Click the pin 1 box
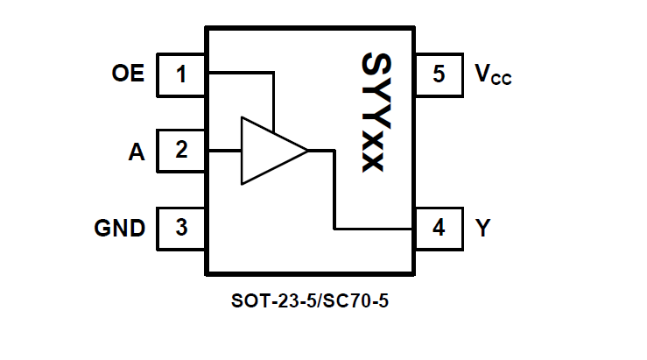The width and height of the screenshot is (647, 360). [182, 74]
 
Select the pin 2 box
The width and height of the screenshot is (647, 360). [182, 151]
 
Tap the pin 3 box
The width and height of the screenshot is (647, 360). [182, 228]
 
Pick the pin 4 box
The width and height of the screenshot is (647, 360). [439, 228]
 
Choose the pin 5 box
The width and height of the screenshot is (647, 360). [439, 74]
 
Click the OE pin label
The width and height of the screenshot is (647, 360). [128, 74]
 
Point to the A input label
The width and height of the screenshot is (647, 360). [136, 152]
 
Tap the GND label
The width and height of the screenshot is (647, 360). [120, 229]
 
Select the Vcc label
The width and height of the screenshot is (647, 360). [493, 75]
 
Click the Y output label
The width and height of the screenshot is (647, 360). [483, 229]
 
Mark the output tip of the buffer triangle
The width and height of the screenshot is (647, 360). [306, 152]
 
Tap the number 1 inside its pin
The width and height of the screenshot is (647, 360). [182, 74]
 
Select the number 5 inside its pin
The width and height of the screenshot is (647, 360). [439, 74]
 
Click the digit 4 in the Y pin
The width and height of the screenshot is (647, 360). [439, 228]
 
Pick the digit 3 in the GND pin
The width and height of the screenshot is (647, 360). [182, 228]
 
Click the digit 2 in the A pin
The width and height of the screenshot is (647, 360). [182, 151]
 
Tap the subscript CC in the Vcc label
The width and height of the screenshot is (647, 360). [501, 80]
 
